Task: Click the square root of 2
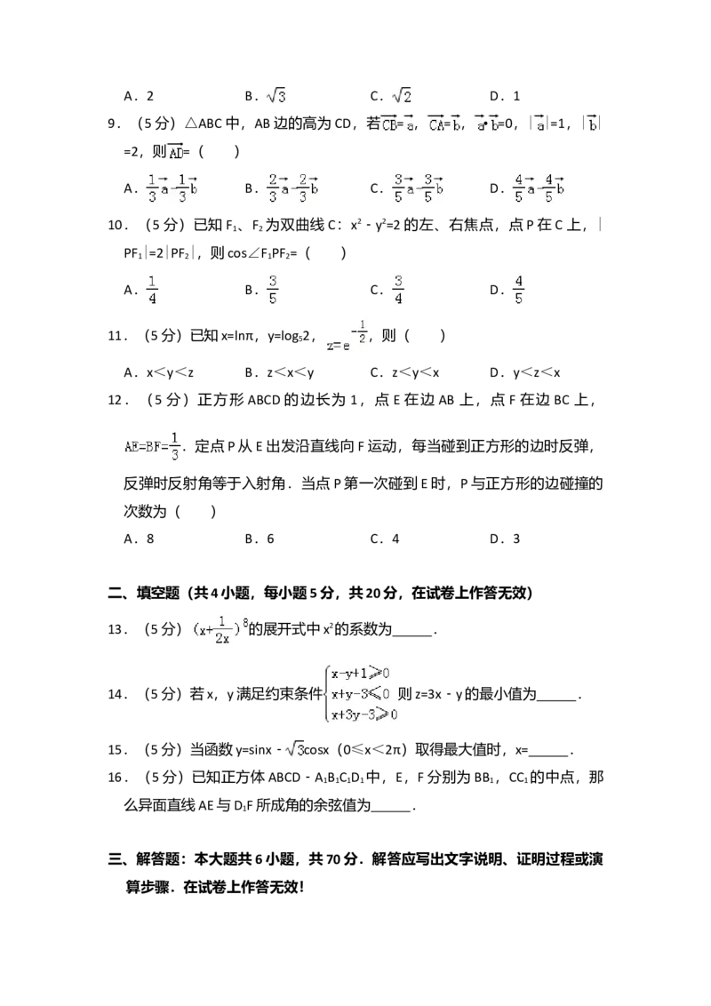click(x=402, y=96)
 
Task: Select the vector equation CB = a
click(x=397, y=124)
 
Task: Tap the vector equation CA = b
click(x=444, y=124)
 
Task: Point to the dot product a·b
click(x=486, y=124)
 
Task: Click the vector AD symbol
click(x=174, y=152)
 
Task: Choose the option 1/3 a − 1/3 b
click(x=171, y=188)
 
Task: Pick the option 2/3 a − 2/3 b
click(x=292, y=188)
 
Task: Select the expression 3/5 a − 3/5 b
click(x=419, y=188)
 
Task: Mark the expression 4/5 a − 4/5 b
click(x=539, y=188)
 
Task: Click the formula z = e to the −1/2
click(x=344, y=335)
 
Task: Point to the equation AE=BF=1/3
click(x=153, y=444)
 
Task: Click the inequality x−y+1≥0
click(x=360, y=674)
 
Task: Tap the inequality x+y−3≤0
click(x=360, y=693)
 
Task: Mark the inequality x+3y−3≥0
click(x=363, y=714)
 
